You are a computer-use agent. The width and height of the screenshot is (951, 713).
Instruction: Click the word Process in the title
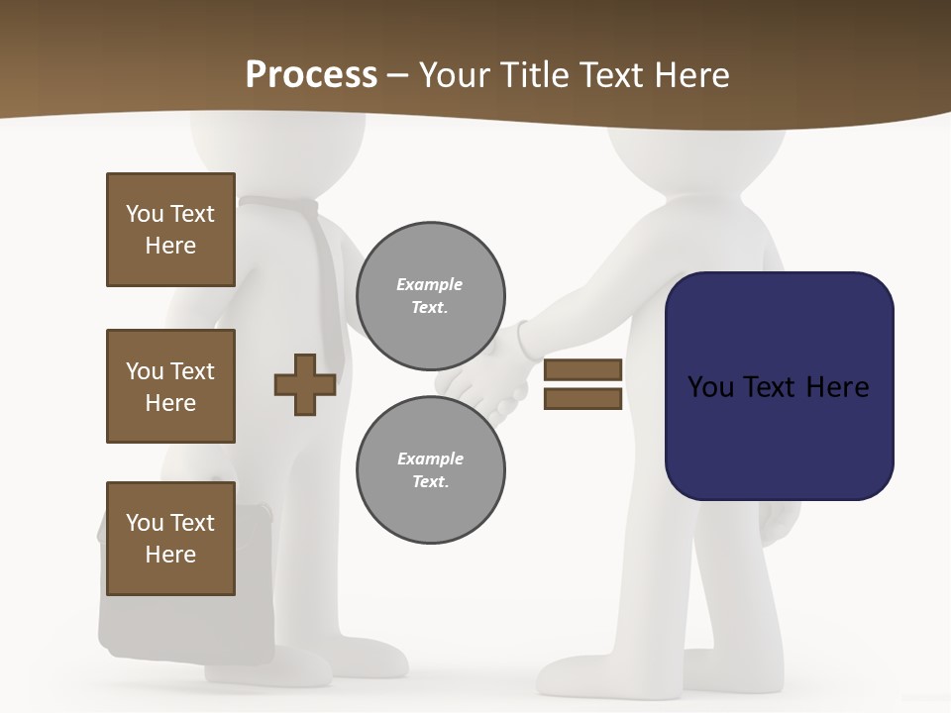311,75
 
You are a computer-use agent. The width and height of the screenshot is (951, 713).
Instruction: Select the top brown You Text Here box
170,230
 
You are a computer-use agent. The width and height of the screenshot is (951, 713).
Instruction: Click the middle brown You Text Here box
170,386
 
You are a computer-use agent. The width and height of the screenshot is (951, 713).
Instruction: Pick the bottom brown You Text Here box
170,539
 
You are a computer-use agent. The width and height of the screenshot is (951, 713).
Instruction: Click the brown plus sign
304,384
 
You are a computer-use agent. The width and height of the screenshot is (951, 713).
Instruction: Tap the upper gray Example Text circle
430,296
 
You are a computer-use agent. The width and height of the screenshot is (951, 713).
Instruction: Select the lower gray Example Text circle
430,470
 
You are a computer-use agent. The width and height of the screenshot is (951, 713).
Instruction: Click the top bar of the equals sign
582,370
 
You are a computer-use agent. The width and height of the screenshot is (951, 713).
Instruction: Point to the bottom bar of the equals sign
582,399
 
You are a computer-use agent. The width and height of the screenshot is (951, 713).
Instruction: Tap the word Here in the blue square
837,387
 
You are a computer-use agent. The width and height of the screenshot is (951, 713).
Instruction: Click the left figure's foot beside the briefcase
367,659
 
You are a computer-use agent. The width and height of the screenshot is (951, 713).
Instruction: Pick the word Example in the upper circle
430,284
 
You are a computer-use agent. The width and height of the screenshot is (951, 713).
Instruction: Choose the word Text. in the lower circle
430,482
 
